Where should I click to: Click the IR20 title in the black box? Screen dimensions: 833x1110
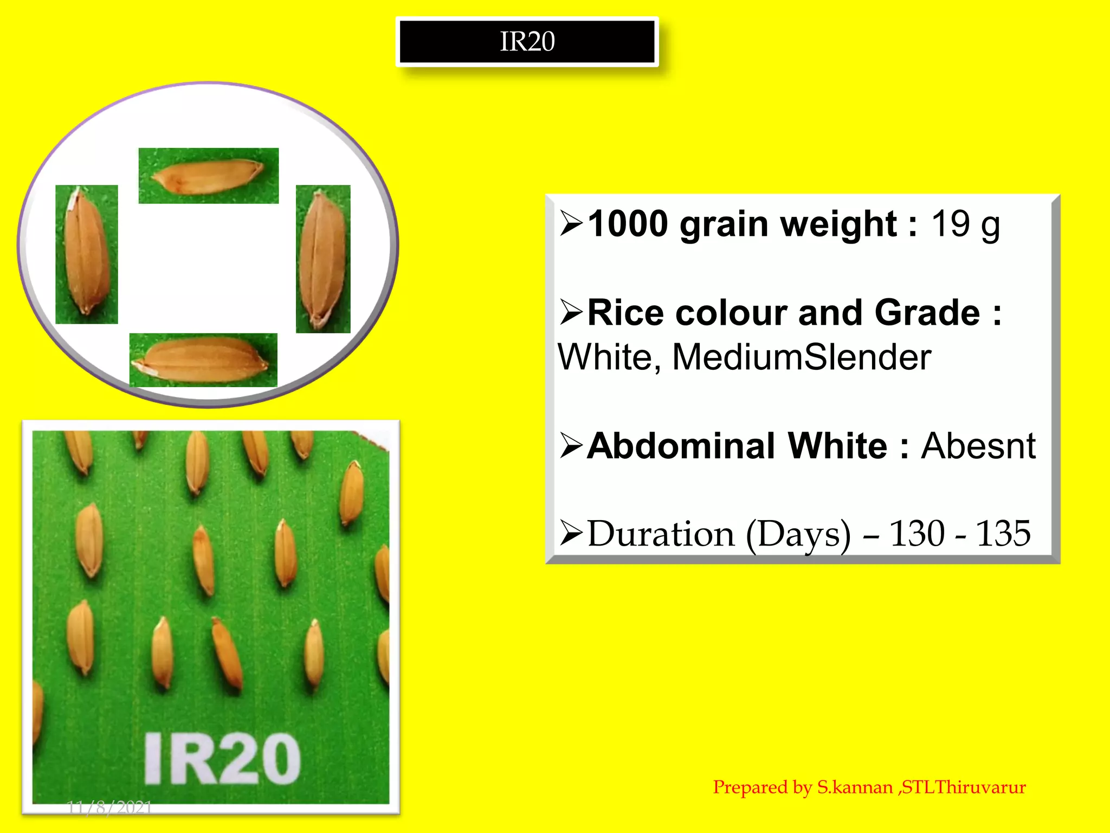click(527, 42)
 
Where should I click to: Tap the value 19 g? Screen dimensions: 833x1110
click(965, 224)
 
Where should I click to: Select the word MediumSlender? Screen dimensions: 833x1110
click(802, 357)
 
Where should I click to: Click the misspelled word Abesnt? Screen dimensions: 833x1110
click(978, 446)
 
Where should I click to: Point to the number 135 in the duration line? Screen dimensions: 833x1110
click(1003, 534)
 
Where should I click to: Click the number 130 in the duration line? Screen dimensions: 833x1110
click(917, 534)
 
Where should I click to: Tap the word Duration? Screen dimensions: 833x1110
click(661, 534)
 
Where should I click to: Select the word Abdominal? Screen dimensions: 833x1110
click(682, 446)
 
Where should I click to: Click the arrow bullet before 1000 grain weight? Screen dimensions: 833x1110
click(571, 224)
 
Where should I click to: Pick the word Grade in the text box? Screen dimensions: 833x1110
click(927, 313)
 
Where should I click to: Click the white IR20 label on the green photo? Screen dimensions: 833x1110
click(222, 759)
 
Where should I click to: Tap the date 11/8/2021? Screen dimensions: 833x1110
click(109, 808)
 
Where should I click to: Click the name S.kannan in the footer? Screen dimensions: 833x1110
click(855, 787)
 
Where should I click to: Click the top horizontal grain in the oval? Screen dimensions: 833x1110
click(208, 176)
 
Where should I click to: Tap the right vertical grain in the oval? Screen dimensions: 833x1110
click(323, 258)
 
